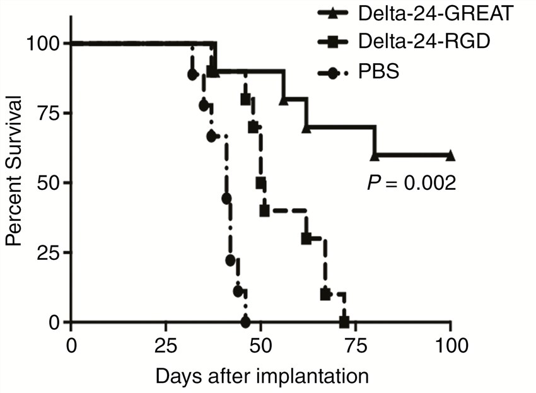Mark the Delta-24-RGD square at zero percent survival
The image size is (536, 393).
tap(344, 322)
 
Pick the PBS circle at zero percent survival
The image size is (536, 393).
tap(245, 322)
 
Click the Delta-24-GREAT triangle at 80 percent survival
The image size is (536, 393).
tap(284, 100)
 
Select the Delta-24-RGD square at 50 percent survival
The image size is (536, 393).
tap(260, 183)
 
